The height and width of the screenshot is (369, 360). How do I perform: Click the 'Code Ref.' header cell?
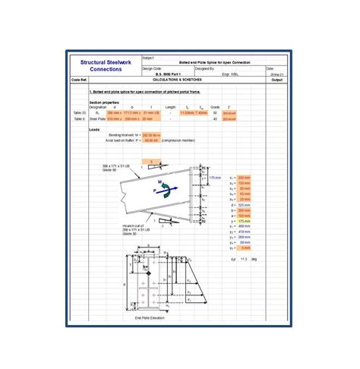coord(80,78)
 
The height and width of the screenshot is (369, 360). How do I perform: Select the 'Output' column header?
coord(276,78)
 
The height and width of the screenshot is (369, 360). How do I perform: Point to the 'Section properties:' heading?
coord(104,102)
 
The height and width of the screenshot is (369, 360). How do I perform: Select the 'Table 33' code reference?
coord(80,112)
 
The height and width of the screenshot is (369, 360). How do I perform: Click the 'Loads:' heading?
coord(95,129)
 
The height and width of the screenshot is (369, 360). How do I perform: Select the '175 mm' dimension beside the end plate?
coord(216,177)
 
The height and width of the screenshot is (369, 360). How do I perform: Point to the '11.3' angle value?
coord(245,260)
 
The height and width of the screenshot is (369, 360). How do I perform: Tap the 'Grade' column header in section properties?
coord(215,107)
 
